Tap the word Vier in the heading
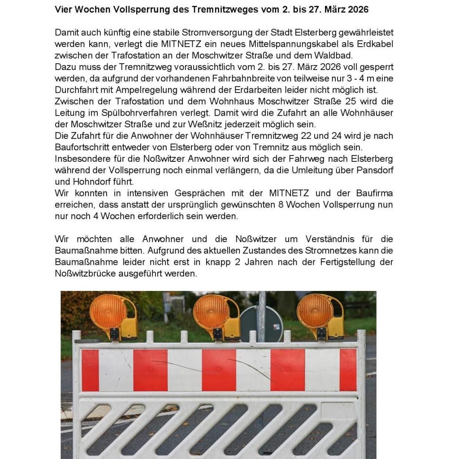[x=63, y=9]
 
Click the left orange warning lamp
[x=108, y=312]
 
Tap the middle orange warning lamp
[x=212, y=312]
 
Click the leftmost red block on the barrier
[x=90, y=370]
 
